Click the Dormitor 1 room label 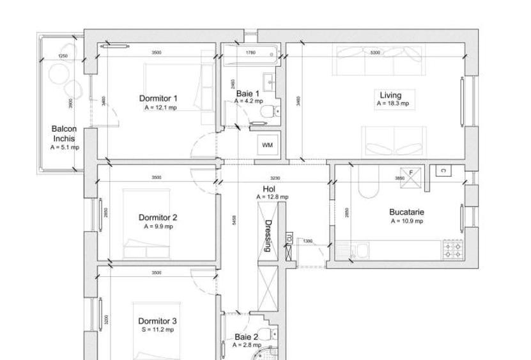(158, 98)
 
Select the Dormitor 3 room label (158, 321)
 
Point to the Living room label (390, 95)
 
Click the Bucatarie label (407, 212)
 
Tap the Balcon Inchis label (64, 133)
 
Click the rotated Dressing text (269, 236)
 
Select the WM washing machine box (268, 145)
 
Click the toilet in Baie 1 (271, 111)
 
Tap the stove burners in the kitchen (453, 249)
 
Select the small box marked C (441, 170)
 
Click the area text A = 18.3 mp (392, 104)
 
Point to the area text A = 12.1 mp (160, 107)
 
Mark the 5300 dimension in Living (375, 52)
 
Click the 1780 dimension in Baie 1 (251, 52)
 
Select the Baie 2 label (246, 336)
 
